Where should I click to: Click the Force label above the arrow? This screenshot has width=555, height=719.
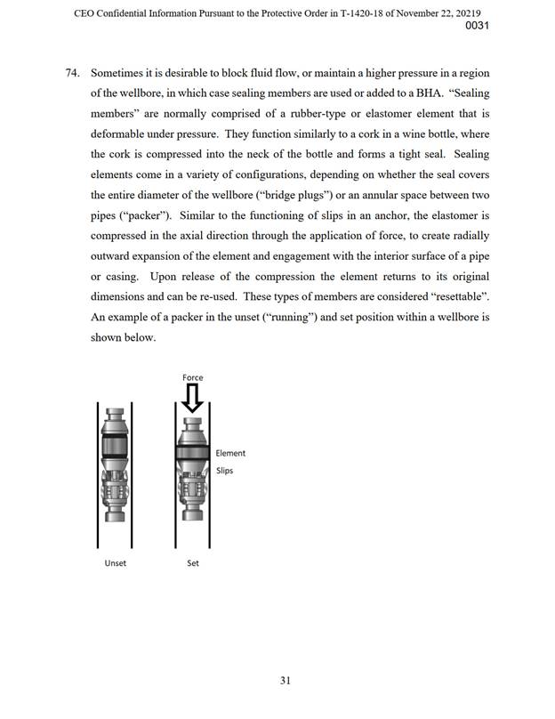[193, 377]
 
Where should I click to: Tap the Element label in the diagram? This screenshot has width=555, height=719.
[230, 453]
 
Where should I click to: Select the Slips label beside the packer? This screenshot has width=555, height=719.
[224, 471]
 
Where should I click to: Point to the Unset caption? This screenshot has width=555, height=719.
[115, 563]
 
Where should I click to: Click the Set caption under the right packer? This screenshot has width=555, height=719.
[193, 563]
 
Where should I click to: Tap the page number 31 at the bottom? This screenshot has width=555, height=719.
[286, 681]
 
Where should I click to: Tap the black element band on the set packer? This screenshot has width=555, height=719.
[193, 449]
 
